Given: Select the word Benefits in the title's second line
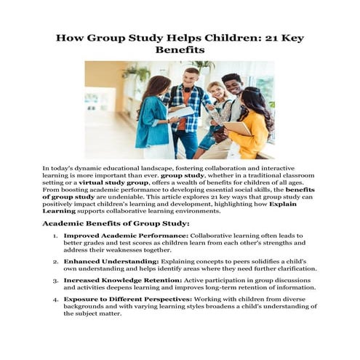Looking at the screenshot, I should pyautogui.click(x=180, y=51).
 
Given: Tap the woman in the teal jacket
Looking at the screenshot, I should pyautogui.click(x=154, y=120).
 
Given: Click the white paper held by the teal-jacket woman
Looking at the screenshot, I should pyautogui.click(x=182, y=113).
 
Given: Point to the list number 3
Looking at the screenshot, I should pyautogui.click(x=55, y=280).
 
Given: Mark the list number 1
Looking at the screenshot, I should pyautogui.click(x=55, y=236).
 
